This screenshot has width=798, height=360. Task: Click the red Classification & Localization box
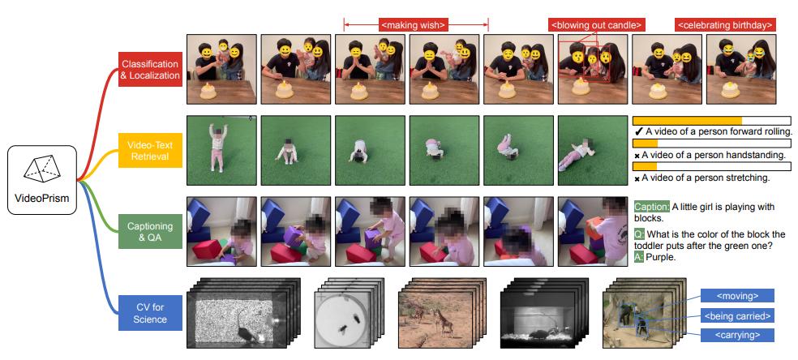[150, 69]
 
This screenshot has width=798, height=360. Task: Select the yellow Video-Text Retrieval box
[150, 150]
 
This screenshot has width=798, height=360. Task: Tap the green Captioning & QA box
[150, 231]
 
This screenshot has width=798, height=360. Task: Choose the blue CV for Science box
[150, 313]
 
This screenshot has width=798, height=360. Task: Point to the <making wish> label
[414, 24]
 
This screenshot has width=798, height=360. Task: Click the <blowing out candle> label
[597, 24]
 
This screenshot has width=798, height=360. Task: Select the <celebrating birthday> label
[725, 24]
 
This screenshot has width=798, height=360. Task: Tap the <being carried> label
[737, 315]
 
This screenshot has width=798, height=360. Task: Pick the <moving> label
[737, 295]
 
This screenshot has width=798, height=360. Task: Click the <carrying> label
[737, 335]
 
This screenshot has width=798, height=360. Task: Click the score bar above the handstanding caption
[711, 144]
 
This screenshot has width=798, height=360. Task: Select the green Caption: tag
[651, 207]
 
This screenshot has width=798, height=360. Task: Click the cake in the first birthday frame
[208, 92]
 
